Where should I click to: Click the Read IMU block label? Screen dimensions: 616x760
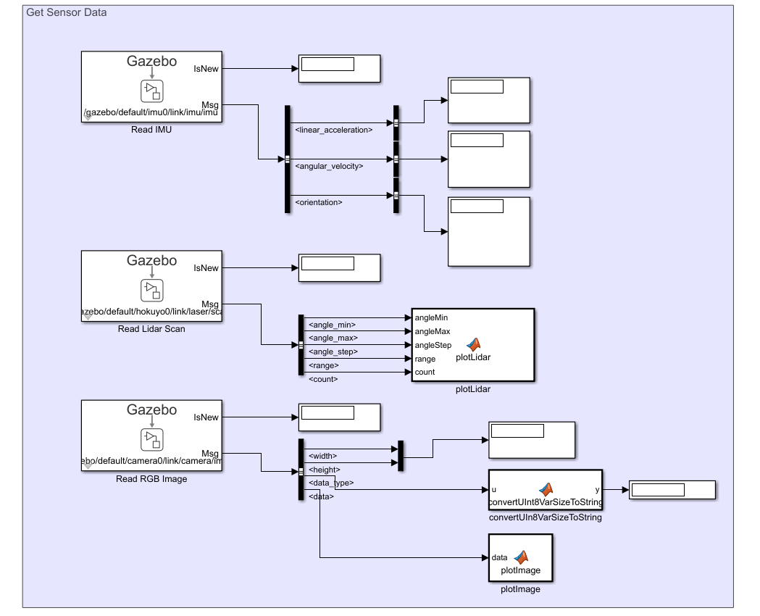tap(151, 130)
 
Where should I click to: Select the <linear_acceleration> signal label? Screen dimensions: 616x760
tap(334, 130)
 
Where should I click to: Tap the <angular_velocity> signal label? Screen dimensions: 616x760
tap(329, 166)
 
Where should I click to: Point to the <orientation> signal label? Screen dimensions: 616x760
tap(319, 202)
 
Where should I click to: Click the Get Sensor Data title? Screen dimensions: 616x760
tap(67, 12)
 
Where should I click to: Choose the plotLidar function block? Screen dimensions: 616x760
tap(473, 345)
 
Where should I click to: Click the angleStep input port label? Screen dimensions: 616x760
tap(433, 345)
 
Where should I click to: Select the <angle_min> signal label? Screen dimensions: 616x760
tap(332, 325)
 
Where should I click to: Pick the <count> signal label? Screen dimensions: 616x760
tap(323, 379)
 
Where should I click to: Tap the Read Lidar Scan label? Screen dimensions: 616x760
tap(151, 329)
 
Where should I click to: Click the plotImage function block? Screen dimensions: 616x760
tap(520, 557)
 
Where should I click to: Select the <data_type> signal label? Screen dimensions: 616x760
tap(331, 483)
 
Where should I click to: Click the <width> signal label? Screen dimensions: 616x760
tap(322, 456)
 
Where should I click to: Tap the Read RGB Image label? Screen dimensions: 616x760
tap(151, 479)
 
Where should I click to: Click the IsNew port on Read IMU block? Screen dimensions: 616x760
tap(206, 69)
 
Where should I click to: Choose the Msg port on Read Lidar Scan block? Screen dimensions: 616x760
tap(209, 304)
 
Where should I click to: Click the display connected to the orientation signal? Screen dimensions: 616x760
tap(488, 231)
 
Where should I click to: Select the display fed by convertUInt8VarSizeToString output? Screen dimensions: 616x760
tap(672, 490)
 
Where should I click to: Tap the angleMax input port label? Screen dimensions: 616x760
tap(431, 331)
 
